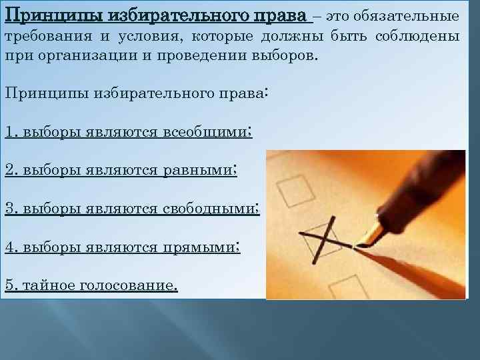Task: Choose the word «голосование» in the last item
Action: [129, 285]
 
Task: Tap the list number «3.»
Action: [10, 208]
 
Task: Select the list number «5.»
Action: [10, 285]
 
